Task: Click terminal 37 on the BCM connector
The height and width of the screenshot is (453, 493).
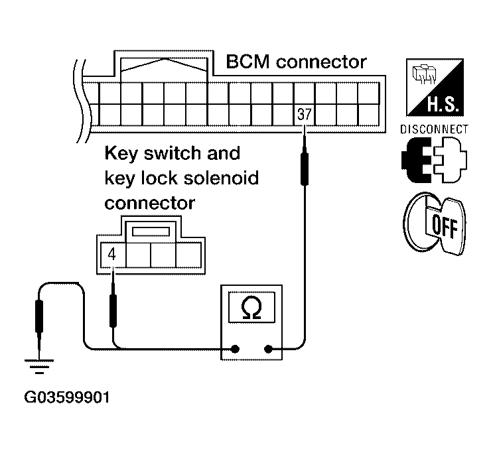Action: [304, 113]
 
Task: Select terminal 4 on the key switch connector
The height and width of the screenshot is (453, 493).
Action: [113, 253]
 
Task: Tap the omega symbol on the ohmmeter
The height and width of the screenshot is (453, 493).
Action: [252, 307]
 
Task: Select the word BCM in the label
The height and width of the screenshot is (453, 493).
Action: [248, 62]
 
